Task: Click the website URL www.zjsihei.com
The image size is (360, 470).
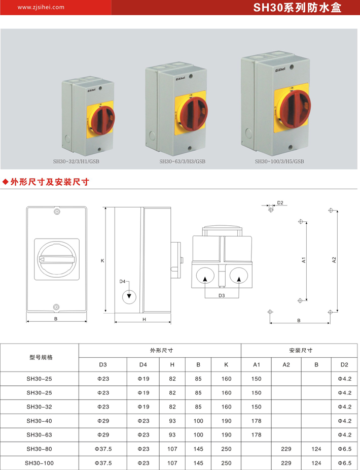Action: tap(41, 7)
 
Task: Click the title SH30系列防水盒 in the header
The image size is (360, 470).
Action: tap(297, 8)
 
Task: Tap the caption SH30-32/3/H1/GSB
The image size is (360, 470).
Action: tap(76, 161)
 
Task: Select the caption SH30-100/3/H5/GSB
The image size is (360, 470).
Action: tap(279, 161)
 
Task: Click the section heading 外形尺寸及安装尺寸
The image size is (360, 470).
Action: tap(50, 182)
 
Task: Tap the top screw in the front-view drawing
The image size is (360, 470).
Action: tap(57, 212)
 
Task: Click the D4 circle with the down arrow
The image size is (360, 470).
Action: tap(129, 296)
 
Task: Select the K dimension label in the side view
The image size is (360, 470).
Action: tap(102, 261)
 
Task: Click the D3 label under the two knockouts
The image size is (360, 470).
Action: tap(222, 295)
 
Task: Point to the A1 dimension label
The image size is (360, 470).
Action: tap(304, 260)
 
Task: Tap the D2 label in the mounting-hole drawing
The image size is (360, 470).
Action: tap(280, 203)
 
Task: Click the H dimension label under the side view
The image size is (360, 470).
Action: tap(144, 320)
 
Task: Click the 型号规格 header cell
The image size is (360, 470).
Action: tap(41, 357)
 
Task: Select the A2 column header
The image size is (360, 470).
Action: tap(286, 365)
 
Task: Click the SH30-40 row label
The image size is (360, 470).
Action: tap(39, 421)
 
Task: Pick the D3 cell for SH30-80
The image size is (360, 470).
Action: tap(103, 449)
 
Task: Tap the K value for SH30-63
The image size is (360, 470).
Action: tap(227, 435)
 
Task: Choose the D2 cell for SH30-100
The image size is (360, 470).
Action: tap(345, 463)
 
